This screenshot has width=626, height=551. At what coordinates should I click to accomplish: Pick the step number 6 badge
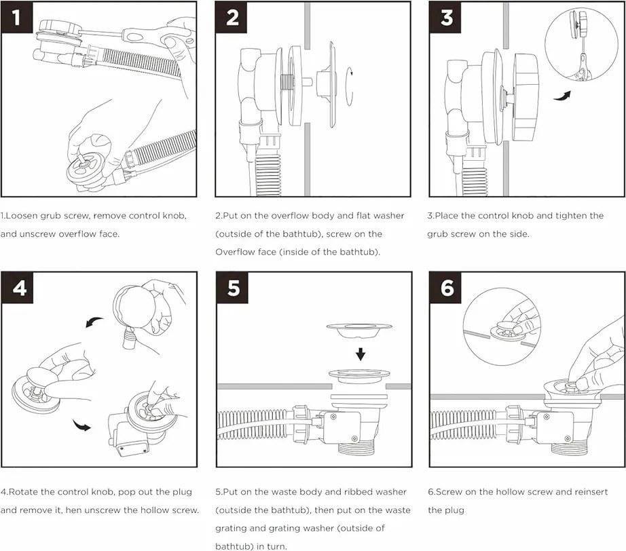(x=446, y=288)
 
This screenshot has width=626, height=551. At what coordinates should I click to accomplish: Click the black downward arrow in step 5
(x=361, y=354)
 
